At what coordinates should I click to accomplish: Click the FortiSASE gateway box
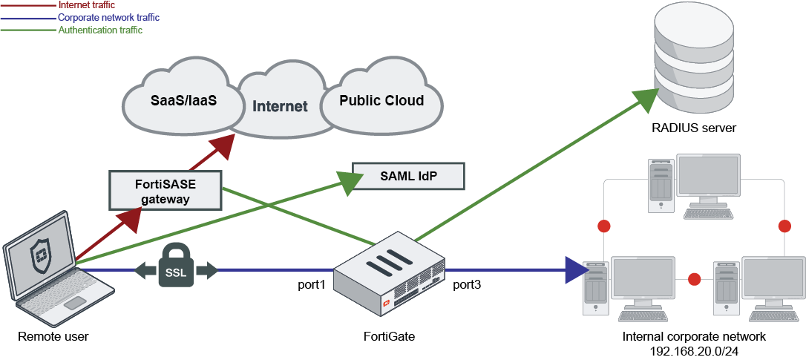(x=166, y=190)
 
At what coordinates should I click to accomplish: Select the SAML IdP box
(x=407, y=177)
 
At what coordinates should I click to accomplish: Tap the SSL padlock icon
(x=176, y=268)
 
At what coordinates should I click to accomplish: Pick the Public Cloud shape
(x=381, y=100)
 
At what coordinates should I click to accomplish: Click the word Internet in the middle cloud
(x=280, y=106)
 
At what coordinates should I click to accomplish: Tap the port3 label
(x=467, y=284)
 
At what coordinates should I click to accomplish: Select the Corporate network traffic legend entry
(x=108, y=17)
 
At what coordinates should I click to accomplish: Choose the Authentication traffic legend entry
(x=100, y=30)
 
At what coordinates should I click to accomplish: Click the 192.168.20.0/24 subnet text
(x=694, y=350)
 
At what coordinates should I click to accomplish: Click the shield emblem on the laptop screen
(x=39, y=256)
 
